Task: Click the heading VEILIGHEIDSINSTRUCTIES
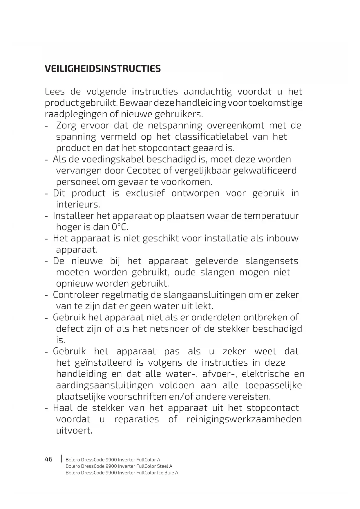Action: (103, 69)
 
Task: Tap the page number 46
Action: (49, 459)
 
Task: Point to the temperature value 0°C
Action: (120, 227)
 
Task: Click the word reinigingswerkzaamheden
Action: (244, 419)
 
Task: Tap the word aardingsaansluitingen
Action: (104, 385)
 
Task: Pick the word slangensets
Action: (272, 261)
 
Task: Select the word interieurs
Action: (78, 204)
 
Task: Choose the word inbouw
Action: (282, 238)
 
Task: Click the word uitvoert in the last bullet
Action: (74, 431)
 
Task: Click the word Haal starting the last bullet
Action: (63, 408)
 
